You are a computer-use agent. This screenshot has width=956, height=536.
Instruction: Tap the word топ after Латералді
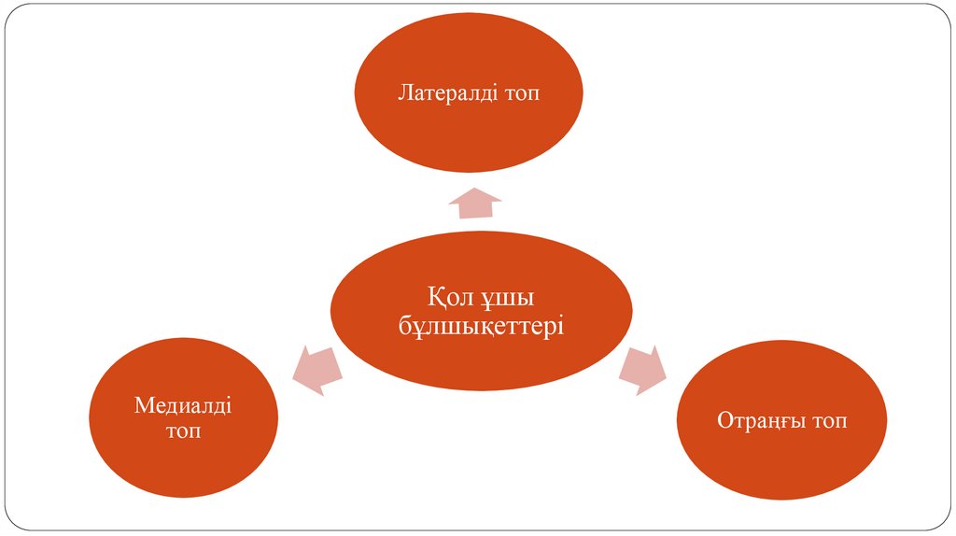(521, 93)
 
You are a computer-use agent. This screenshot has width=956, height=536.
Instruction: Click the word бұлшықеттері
(481, 326)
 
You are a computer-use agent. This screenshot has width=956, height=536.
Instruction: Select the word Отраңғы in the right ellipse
(760, 421)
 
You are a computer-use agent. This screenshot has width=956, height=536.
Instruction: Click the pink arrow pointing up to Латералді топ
(475, 201)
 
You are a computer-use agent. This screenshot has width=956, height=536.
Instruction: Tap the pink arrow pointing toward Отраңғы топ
(643, 369)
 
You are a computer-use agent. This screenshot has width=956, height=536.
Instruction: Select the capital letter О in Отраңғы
(725, 421)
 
